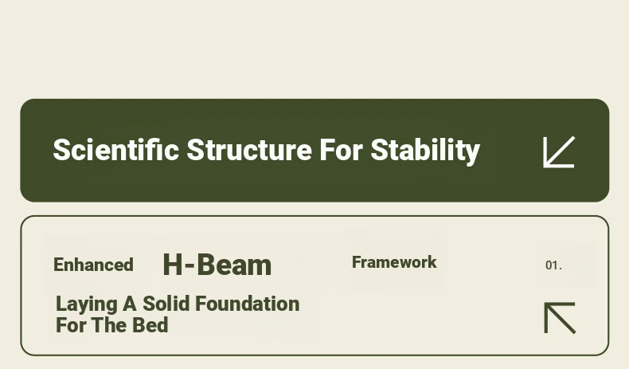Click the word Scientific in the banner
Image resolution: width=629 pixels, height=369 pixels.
pyautogui.click(x=116, y=149)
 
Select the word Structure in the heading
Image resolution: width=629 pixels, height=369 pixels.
pyautogui.click(x=249, y=149)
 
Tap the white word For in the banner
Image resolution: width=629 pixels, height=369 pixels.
pyautogui.click(x=341, y=149)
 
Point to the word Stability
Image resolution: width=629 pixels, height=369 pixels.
pyautogui.click(x=425, y=151)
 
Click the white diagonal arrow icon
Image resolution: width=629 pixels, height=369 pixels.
pyautogui.click(x=559, y=151)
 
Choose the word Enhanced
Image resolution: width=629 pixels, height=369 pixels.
pyautogui.click(x=93, y=265)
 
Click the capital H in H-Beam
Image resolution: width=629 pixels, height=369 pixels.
pyautogui.click(x=174, y=265)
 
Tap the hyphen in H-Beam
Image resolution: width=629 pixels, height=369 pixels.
pyautogui.click(x=190, y=266)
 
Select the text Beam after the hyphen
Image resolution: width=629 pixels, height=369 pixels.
pyautogui.click(x=234, y=265)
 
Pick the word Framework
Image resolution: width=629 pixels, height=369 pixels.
pyautogui.click(x=394, y=262)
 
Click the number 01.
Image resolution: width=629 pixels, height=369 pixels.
pyautogui.click(x=553, y=265)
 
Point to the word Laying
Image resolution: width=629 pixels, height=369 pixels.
pyautogui.click(x=87, y=304)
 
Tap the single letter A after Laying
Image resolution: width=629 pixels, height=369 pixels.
pyautogui.click(x=130, y=304)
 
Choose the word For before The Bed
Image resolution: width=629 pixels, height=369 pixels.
pyautogui.click(x=72, y=325)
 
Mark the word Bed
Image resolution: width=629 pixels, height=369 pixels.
pyautogui.click(x=150, y=325)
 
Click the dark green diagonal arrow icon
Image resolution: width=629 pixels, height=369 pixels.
pyautogui.click(x=560, y=318)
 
